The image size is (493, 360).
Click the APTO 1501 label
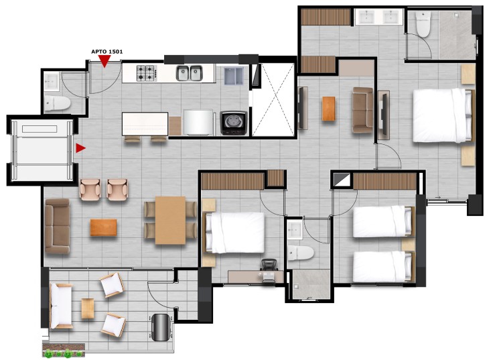tap(107, 52)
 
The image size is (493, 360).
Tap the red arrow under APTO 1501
tap(104, 60)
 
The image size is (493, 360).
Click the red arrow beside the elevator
tap(80, 148)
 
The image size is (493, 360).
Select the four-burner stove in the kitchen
tap(147, 73)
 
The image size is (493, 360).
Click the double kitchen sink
tap(189, 73)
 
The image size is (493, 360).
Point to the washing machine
tap(234, 123)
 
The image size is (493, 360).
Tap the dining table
tap(170, 220)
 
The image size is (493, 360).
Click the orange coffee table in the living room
tap(103, 227)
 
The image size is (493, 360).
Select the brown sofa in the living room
tap(57, 226)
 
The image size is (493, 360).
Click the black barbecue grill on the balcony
tap(161, 327)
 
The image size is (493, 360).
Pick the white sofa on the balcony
tap(61, 306)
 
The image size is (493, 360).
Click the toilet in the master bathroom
tap(423, 24)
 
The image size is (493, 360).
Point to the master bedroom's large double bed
tap(443, 115)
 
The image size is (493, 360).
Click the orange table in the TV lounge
tap(329, 109)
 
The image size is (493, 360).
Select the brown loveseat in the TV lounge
tap(362, 110)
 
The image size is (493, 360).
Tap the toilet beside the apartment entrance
tap(57, 103)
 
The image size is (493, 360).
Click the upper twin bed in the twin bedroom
tap(383, 221)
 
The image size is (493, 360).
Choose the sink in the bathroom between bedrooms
tap(295, 230)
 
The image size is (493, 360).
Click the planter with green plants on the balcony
tap(64, 350)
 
